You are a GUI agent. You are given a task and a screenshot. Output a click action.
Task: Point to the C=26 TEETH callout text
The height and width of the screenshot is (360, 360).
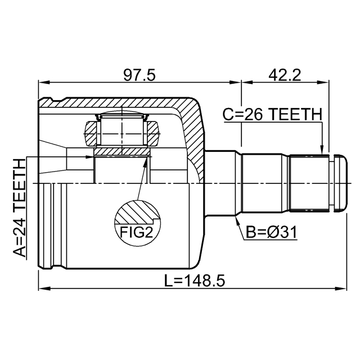point(273,114)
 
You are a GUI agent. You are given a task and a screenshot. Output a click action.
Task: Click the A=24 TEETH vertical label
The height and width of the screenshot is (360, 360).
point(19,208)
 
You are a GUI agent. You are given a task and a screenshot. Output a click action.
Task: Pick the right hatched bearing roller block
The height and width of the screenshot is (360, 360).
point(154,136)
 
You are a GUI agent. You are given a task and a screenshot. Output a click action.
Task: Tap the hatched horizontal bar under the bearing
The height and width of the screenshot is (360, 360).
point(122,152)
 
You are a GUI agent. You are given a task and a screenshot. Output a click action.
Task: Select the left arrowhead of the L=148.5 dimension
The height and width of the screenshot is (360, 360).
point(42,289)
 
